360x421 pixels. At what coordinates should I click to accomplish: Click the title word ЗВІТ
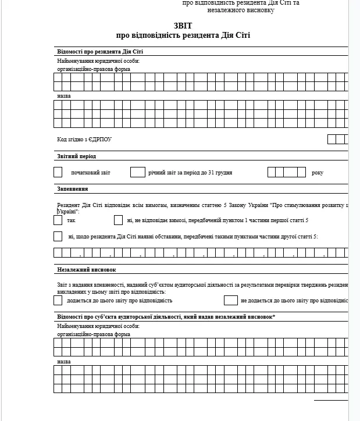coord(183,26)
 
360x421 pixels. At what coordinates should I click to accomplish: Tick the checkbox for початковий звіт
coord(58,172)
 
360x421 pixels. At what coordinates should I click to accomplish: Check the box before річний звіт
coord(137,172)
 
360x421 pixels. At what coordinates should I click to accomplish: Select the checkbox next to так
coord(58,220)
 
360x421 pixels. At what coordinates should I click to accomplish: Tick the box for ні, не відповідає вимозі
coord(118,220)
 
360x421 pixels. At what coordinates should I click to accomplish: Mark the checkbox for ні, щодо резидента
coord(58,236)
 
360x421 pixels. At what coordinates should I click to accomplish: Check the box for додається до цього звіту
coord(58,301)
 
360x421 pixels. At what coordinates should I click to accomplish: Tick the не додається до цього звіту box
coord(230,301)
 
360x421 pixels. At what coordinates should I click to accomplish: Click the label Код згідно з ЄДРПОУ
coord(84,140)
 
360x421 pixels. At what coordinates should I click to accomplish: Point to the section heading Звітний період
coord(76,156)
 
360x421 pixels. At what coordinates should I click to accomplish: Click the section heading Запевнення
coord(73,189)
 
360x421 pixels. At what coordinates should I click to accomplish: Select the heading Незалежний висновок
coord(87,270)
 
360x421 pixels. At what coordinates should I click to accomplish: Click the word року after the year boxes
coord(317,173)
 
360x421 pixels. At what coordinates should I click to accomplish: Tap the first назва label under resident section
coord(64,95)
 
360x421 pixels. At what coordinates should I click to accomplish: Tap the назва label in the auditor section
coord(64,361)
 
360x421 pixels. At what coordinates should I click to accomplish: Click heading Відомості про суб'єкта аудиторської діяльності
coord(166,316)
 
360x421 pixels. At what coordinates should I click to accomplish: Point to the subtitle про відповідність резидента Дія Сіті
coord(183,35)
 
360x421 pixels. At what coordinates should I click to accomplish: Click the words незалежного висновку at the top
coord(240,10)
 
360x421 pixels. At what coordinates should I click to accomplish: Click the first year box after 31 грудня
coord(272,172)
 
